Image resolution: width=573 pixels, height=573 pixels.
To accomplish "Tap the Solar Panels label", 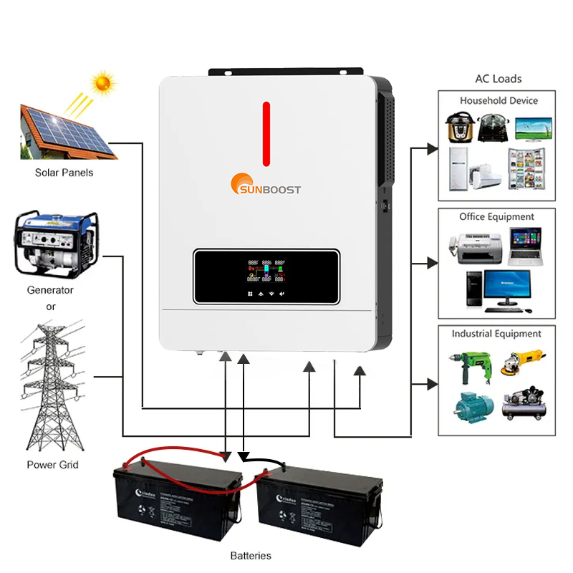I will click(64, 173).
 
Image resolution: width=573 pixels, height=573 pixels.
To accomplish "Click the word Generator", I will click(50, 290).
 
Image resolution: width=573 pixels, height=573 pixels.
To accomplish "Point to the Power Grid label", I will click(52, 465).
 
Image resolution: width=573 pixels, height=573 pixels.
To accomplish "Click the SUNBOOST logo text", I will click(274, 189).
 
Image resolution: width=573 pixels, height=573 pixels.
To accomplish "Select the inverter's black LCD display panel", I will click(265, 276).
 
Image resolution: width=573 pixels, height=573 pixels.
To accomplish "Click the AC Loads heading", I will click(499, 79).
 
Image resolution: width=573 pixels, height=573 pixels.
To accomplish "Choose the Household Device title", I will click(499, 100).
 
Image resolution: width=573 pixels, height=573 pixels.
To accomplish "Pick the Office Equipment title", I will click(496, 216).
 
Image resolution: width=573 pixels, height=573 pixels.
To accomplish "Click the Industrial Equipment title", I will click(496, 334).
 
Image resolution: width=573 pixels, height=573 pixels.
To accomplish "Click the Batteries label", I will click(251, 555).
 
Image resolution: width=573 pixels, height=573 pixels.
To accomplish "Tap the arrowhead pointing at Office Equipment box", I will click(432, 264).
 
